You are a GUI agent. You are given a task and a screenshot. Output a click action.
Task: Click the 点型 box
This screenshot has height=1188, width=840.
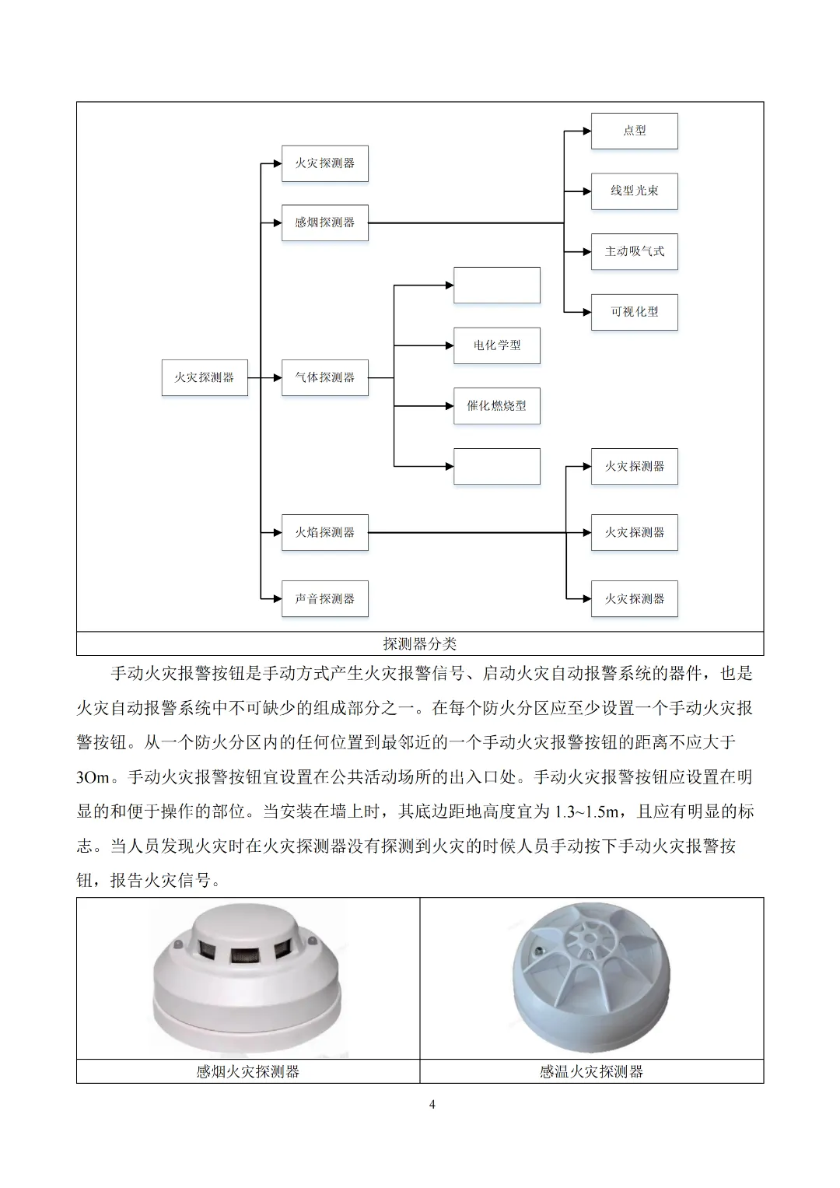click(634, 131)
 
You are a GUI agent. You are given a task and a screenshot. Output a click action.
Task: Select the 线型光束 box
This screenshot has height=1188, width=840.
click(634, 191)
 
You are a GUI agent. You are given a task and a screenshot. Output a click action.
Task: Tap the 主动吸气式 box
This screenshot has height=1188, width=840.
click(634, 251)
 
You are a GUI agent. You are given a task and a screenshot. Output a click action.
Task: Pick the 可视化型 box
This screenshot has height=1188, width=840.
click(634, 312)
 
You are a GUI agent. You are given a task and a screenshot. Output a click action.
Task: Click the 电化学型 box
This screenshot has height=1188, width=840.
click(496, 345)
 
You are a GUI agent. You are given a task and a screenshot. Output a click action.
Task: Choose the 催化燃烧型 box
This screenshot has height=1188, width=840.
click(496, 406)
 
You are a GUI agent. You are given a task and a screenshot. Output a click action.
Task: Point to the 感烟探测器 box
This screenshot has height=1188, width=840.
click(324, 223)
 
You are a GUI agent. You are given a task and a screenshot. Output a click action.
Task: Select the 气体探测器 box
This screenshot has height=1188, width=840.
click(324, 377)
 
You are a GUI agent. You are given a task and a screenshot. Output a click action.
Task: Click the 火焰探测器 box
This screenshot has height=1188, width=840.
click(324, 533)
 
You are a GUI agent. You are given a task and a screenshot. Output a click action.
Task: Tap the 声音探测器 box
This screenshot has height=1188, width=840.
click(324, 599)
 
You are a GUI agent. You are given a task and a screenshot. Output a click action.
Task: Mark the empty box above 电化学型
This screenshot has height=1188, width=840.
click(496, 285)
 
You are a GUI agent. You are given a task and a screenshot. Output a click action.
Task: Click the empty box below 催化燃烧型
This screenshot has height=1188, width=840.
click(496, 466)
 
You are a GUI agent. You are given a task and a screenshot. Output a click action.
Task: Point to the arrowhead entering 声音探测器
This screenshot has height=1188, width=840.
click(277, 599)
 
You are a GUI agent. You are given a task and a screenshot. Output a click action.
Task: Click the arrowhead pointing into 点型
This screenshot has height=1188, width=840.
click(586, 131)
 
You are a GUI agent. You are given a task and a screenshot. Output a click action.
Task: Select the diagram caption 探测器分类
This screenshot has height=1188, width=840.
click(420, 644)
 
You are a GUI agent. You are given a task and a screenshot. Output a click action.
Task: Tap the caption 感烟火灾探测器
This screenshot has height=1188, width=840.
click(248, 1071)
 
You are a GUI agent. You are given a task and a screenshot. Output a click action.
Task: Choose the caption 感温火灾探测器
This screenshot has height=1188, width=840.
click(591, 1071)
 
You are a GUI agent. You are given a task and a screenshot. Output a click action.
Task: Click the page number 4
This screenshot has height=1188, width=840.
click(432, 1104)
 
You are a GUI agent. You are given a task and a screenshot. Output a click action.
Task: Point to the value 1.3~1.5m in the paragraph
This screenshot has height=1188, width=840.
click(586, 811)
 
